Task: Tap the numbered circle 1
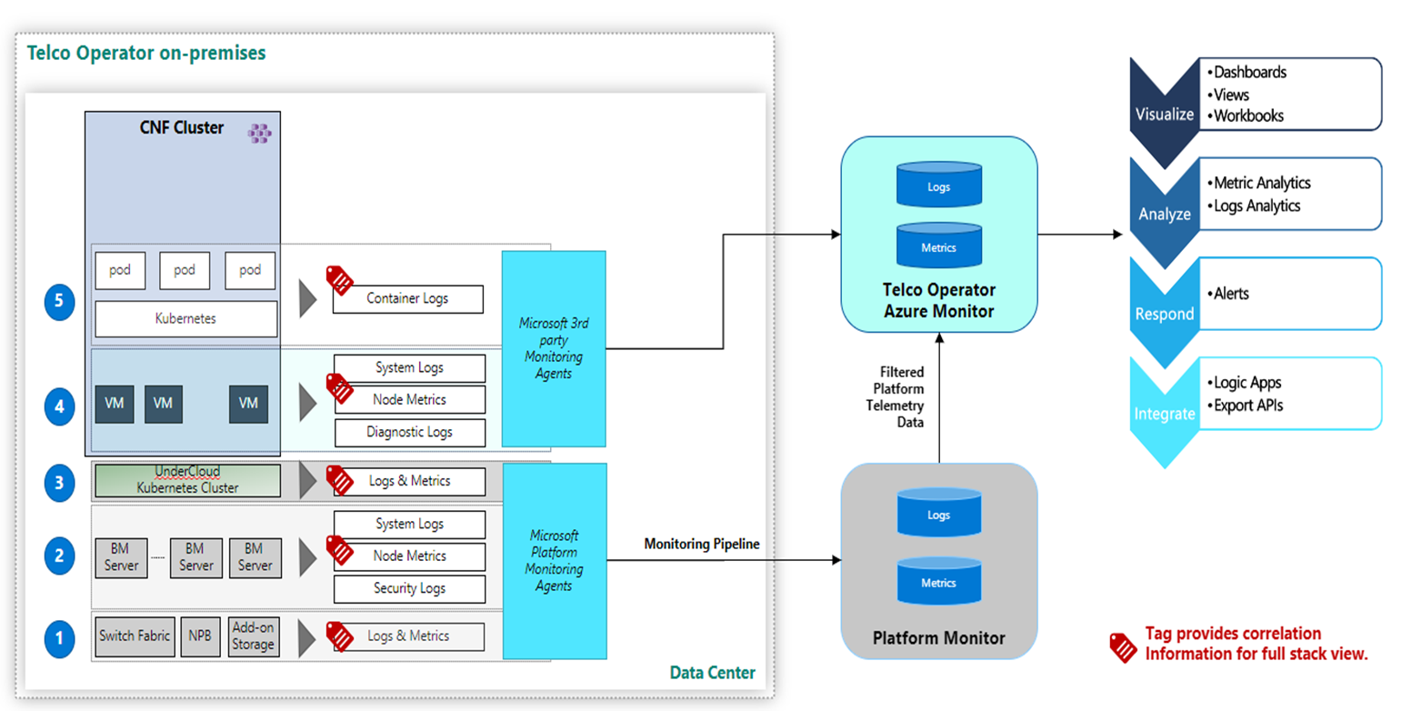(59, 638)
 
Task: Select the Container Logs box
(407, 298)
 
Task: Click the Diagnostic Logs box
(409, 432)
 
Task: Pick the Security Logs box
(409, 588)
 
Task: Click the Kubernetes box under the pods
(186, 319)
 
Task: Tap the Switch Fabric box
(135, 636)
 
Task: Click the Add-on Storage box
(252, 636)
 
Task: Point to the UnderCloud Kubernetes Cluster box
(186, 481)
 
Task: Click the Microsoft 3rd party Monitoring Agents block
(553, 348)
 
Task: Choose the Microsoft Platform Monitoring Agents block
(553, 561)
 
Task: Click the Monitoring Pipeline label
(701, 545)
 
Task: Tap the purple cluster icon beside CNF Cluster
(260, 133)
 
